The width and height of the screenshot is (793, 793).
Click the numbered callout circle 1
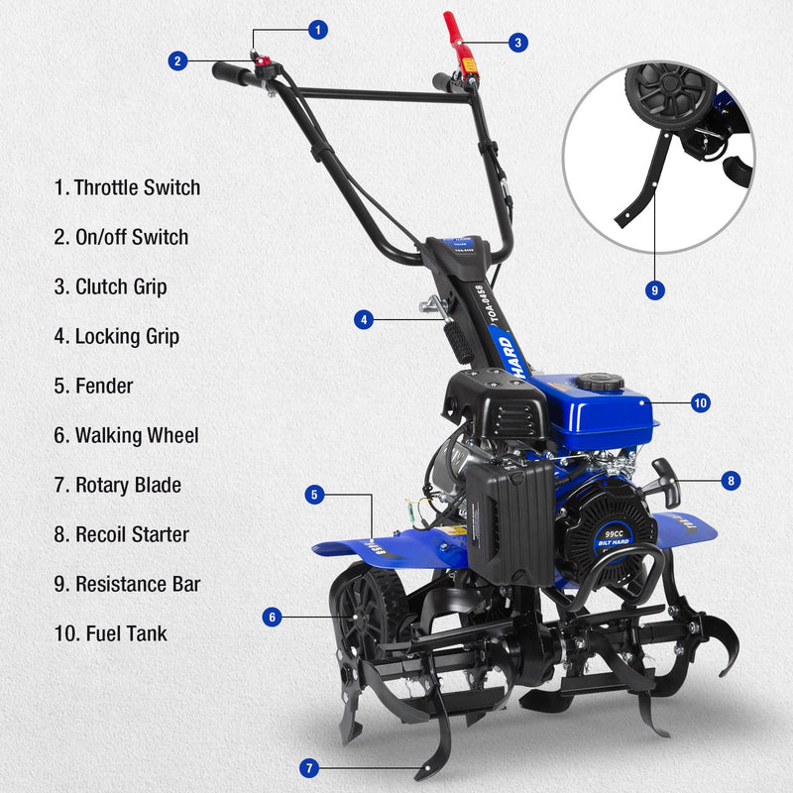pos(317,30)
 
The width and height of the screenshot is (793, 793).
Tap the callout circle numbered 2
pos(177,61)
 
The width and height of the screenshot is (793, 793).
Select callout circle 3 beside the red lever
pos(517,43)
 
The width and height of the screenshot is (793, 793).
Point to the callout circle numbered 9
pos(654,290)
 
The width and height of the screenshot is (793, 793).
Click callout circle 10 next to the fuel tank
pos(700,403)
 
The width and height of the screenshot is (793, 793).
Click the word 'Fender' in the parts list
pos(104,386)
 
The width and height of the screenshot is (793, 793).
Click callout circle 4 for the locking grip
pos(365,320)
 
